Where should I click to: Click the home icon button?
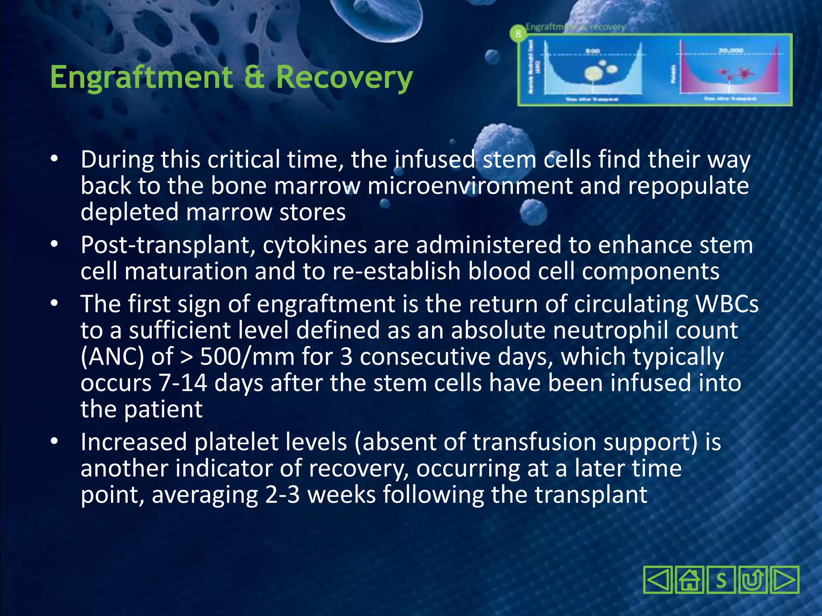[x=690, y=580]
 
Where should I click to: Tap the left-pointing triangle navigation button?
[x=657, y=580]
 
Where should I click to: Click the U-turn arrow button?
[x=753, y=580]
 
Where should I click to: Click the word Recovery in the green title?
[x=344, y=77]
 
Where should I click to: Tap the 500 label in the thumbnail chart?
[x=592, y=51]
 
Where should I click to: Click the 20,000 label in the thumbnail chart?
[x=730, y=51]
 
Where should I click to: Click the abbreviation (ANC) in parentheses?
[x=112, y=357]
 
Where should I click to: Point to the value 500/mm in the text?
[x=247, y=357]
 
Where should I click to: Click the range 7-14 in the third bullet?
[x=183, y=383]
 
